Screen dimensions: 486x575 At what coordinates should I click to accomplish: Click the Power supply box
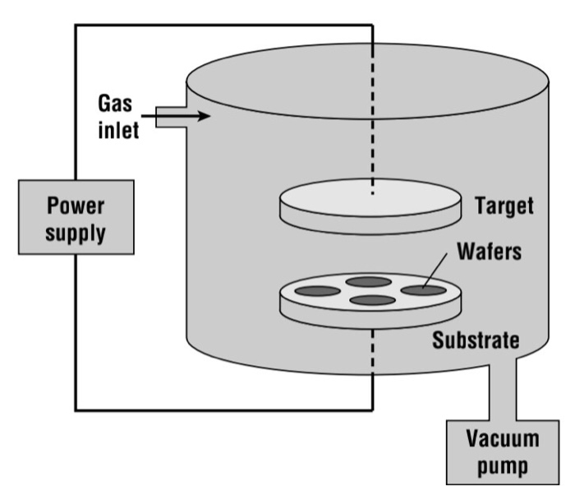coord(75,217)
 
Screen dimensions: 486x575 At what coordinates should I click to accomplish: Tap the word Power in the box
coord(75,204)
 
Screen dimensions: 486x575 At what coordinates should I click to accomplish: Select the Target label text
coord(504,206)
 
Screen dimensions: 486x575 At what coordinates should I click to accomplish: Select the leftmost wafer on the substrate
coord(316,291)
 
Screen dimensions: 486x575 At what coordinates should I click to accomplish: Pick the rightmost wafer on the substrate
coord(422,289)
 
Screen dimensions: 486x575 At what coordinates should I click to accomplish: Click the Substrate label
coord(477,340)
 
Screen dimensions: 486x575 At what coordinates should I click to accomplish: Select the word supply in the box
coord(75,232)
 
